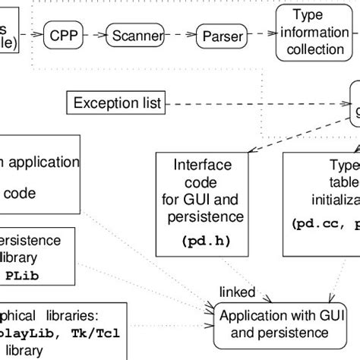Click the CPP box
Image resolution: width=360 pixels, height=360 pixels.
pyautogui.click(x=64, y=35)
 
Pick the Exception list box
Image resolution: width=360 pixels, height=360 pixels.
pyautogui.click(x=115, y=103)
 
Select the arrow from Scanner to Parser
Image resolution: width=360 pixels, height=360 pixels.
pyautogui.click(x=178, y=35)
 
